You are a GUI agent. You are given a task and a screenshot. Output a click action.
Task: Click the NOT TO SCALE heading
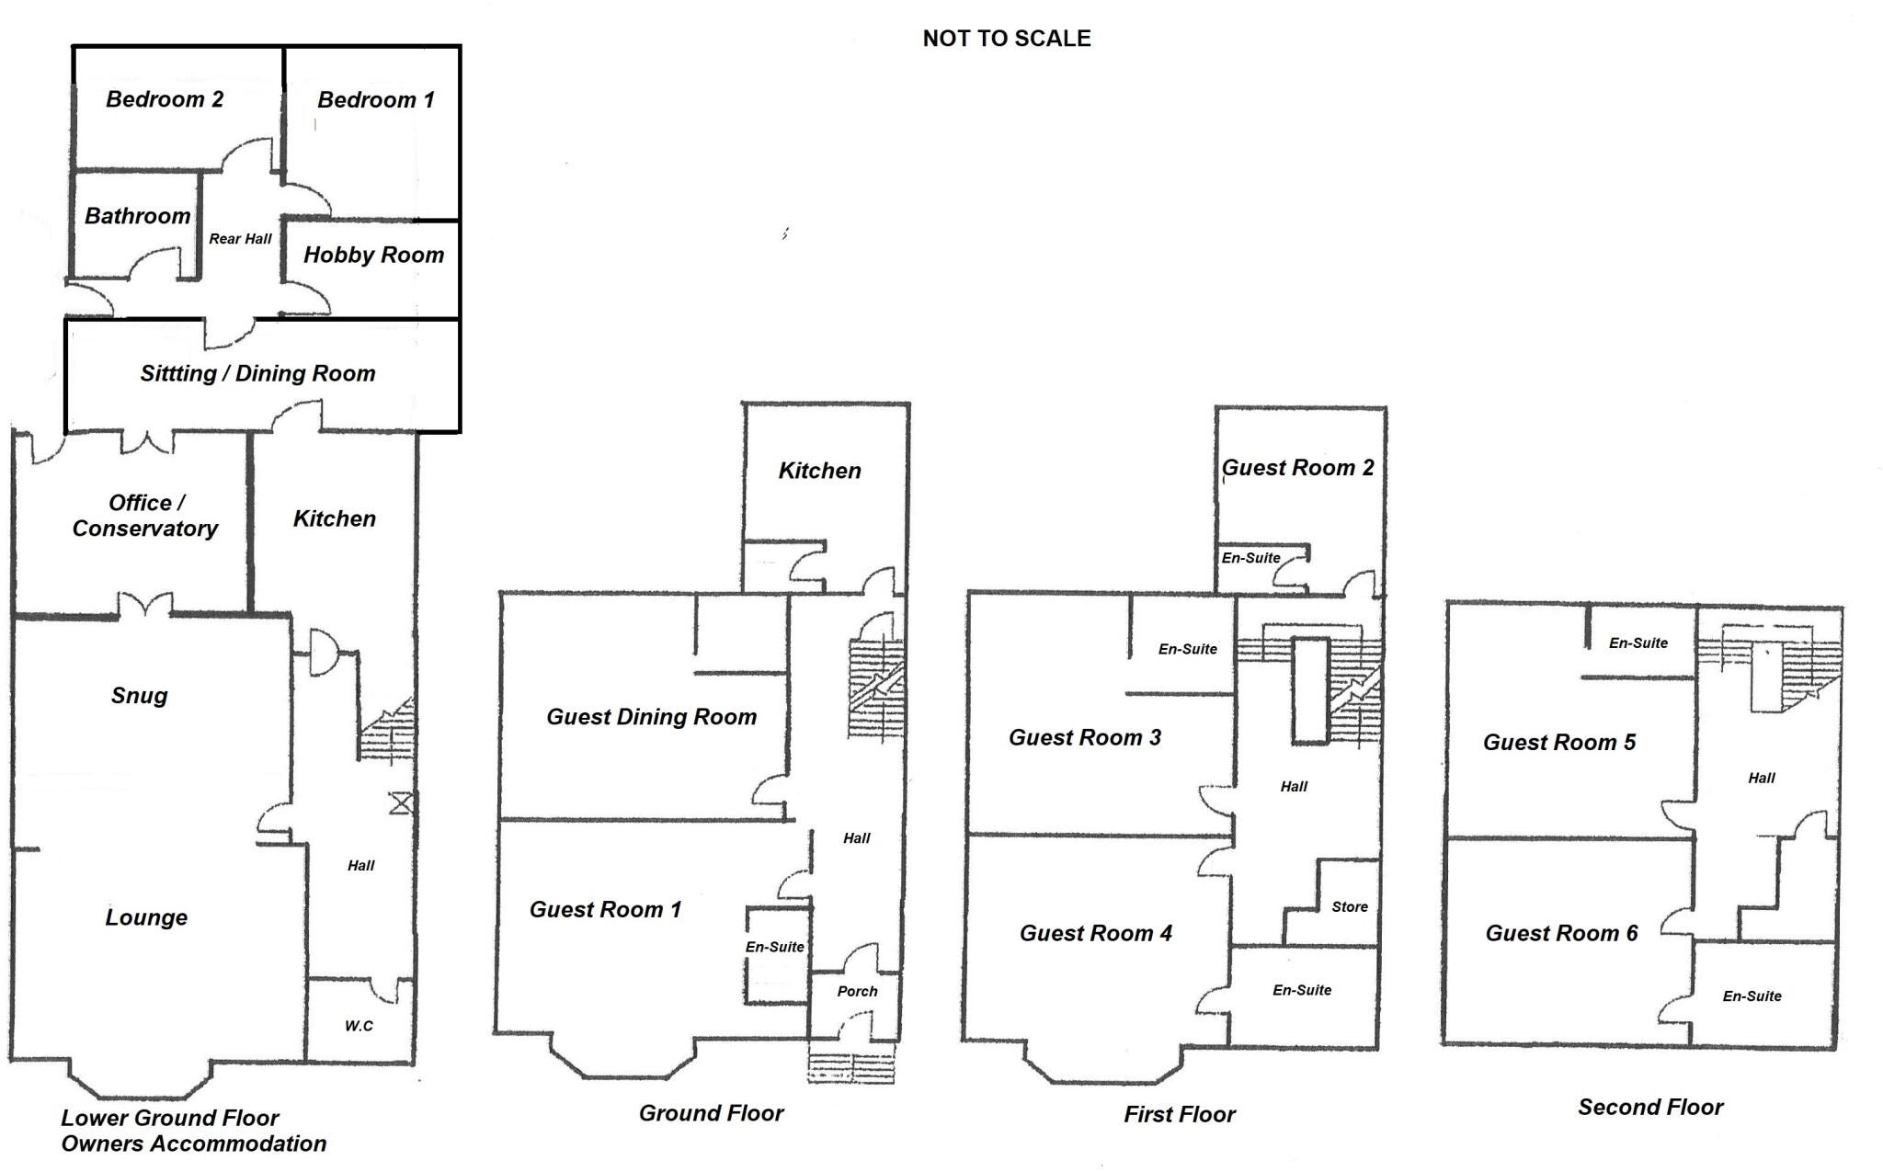pyautogui.click(x=1007, y=39)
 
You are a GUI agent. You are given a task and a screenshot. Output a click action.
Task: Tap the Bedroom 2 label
pyautogui.click(x=165, y=99)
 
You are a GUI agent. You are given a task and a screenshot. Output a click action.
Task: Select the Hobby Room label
pyautogui.click(x=373, y=255)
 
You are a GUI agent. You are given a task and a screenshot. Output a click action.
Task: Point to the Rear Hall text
pyautogui.click(x=240, y=239)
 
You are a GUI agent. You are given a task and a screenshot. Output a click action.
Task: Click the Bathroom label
pyautogui.click(x=137, y=216)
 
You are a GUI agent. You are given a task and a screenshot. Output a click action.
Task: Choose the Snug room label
pyautogui.click(x=139, y=695)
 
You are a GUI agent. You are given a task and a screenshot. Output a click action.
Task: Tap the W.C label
pyautogui.click(x=359, y=1026)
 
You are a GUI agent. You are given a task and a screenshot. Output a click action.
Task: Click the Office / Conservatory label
pyautogui.click(x=145, y=516)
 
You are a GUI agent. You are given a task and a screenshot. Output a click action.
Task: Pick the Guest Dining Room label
pyautogui.click(x=651, y=717)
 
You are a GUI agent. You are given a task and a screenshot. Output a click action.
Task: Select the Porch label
pyautogui.click(x=857, y=991)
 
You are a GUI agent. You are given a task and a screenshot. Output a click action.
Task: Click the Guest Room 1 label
pyautogui.click(x=605, y=909)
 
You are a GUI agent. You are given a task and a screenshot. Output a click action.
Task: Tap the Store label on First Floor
pyautogui.click(x=1350, y=906)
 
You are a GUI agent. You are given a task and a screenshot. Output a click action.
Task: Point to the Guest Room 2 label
pyautogui.click(x=1297, y=468)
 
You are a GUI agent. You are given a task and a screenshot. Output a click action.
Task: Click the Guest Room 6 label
pyautogui.click(x=1561, y=933)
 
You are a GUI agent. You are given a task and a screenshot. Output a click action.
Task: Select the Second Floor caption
pyautogui.click(x=1650, y=1107)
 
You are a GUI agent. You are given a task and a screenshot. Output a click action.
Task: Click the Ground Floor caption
pyautogui.click(x=711, y=1113)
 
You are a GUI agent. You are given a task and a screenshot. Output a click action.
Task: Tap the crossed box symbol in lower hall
pyautogui.click(x=401, y=803)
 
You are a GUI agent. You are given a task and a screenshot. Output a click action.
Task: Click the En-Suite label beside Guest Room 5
pyautogui.click(x=1638, y=643)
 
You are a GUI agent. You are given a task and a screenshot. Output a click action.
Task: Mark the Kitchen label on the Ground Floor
pyautogui.click(x=819, y=471)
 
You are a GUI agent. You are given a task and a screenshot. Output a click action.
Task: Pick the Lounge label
pyautogui.click(x=146, y=916)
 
